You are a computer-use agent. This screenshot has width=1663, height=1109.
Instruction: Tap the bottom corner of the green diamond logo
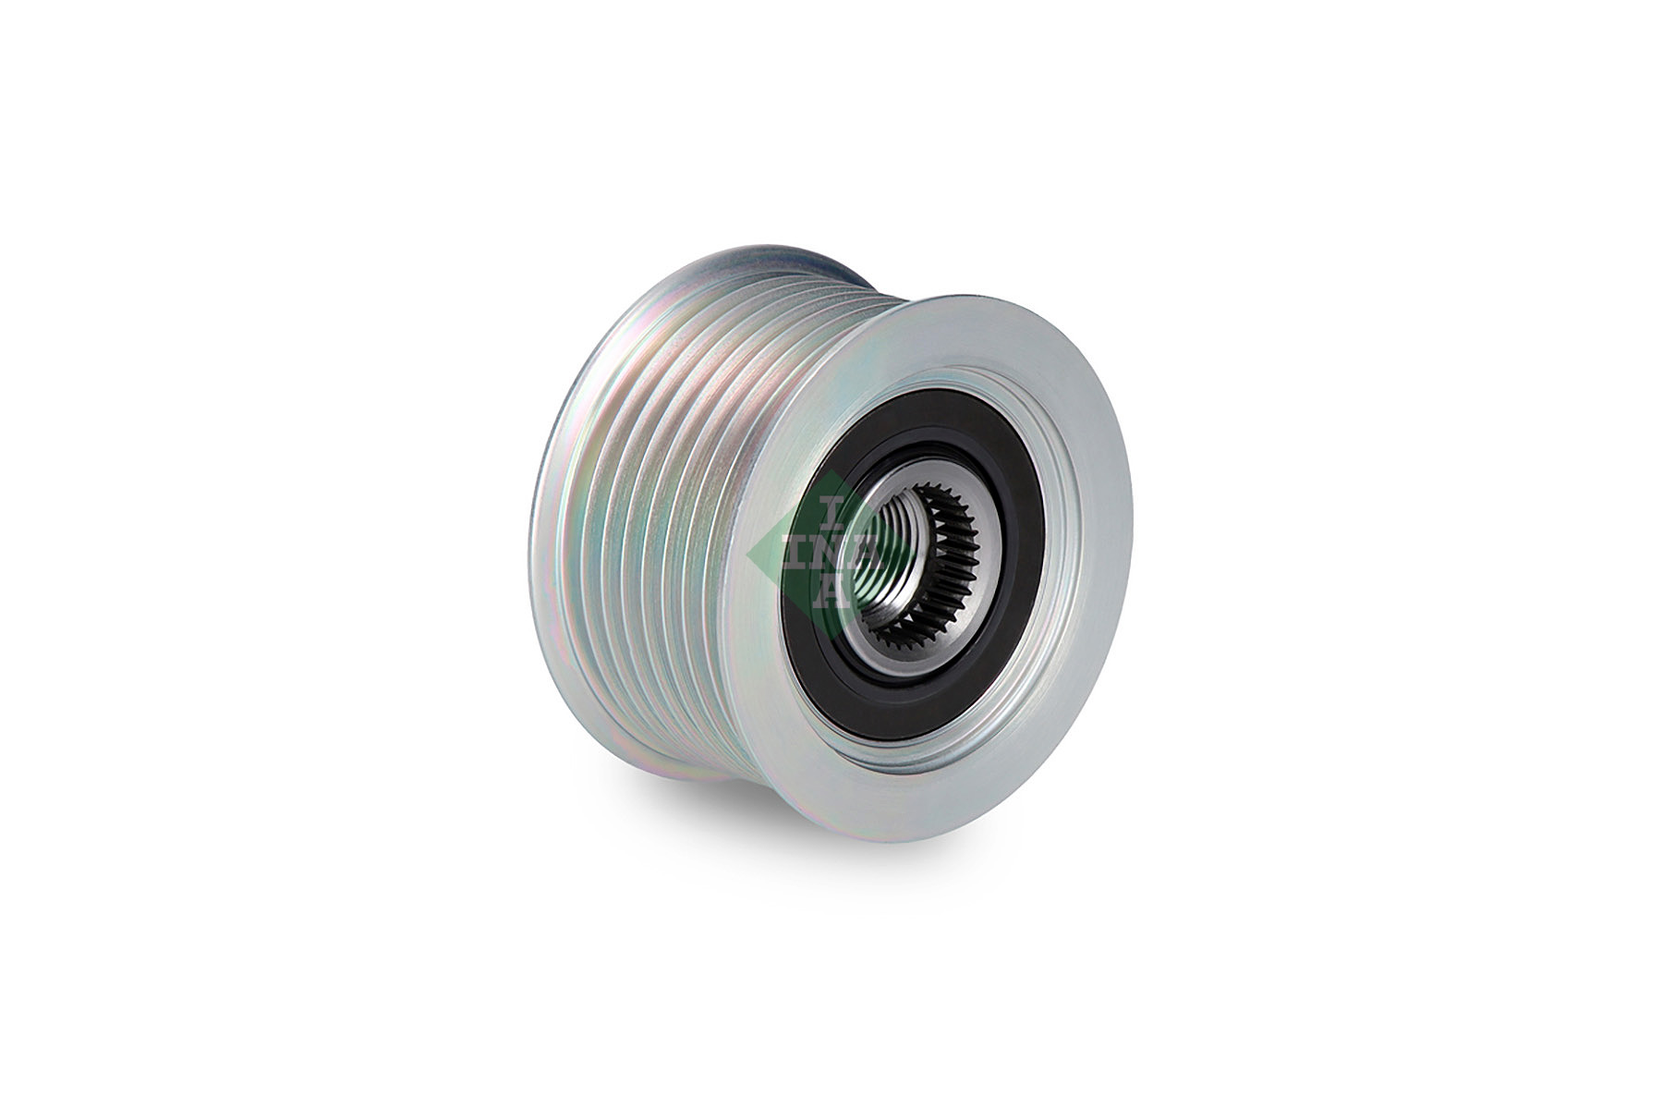point(831,638)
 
